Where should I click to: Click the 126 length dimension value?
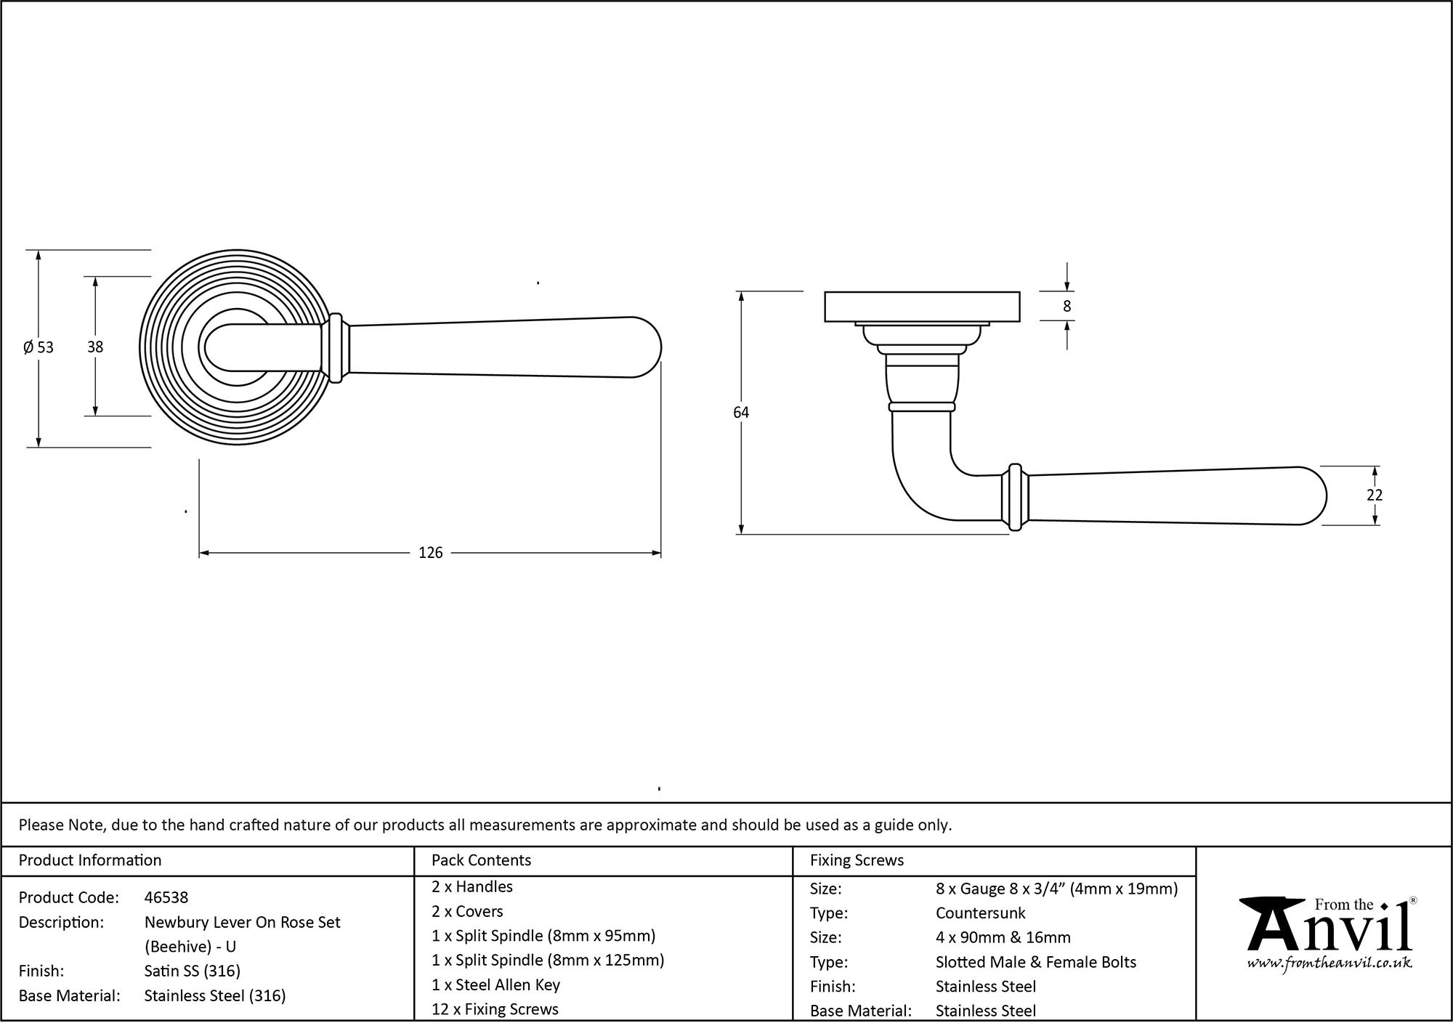(430, 553)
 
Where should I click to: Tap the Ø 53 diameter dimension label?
(39, 347)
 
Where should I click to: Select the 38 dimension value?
(95, 347)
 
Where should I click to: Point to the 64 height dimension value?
(740, 413)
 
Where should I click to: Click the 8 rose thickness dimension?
(1067, 307)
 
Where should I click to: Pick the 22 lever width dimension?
(1374, 495)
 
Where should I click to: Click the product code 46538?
(166, 897)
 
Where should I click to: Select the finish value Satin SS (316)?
(192, 971)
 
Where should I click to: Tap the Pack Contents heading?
(481, 860)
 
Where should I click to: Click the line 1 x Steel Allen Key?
(495, 984)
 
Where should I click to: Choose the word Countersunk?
(980, 913)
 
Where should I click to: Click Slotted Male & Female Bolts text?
(1035, 962)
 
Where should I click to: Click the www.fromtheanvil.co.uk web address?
(1329, 963)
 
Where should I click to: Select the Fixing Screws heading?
(857, 860)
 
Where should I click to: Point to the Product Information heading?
(90, 860)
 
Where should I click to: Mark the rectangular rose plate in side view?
(922, 307)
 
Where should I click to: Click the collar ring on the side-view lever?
(1015, 497)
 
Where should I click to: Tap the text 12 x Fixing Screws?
(495, 1009)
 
